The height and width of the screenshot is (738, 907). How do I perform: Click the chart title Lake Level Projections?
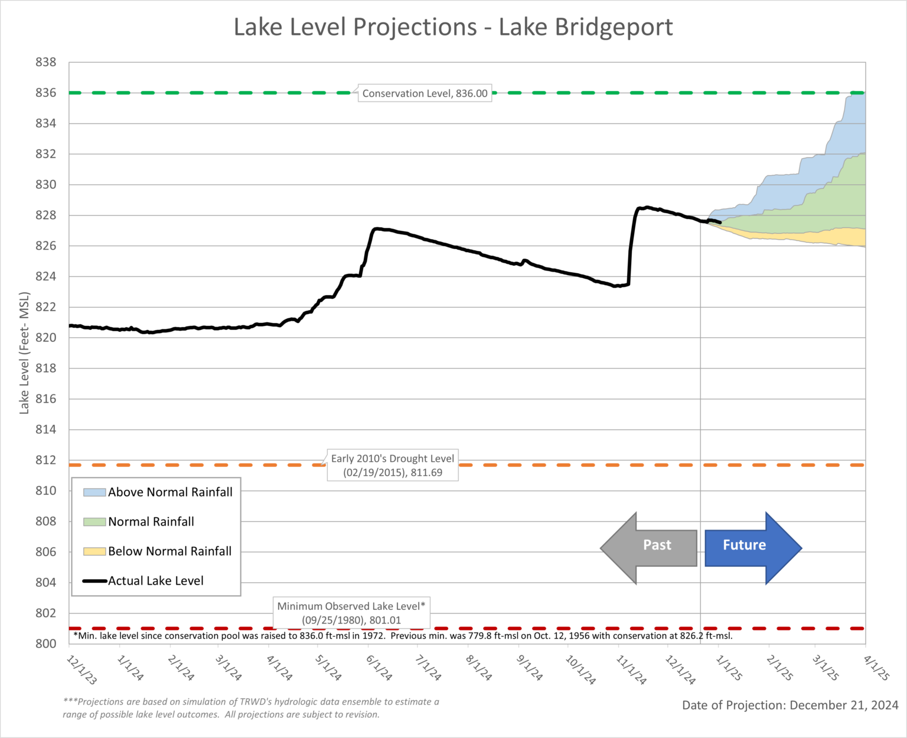453,27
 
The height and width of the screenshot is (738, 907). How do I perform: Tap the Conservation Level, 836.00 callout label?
425,93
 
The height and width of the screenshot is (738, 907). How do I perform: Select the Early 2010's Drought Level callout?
393,465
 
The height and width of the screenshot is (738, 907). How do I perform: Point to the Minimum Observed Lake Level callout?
351,613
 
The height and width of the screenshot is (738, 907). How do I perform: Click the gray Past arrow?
650,547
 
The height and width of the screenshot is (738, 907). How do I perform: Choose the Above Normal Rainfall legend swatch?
94,492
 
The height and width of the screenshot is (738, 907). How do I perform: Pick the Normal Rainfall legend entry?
151,522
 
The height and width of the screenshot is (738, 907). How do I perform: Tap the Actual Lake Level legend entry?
155,581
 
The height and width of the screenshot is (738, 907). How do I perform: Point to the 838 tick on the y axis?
45,62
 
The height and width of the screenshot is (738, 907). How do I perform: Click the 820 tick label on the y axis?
45,338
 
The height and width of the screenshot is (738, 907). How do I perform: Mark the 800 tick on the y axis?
45,644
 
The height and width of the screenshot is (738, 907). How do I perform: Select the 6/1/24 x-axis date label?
379,668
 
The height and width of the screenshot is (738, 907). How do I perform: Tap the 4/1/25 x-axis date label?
876,668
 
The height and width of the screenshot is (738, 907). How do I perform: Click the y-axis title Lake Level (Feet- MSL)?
24,352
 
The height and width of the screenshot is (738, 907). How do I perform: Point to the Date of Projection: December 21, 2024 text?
790,706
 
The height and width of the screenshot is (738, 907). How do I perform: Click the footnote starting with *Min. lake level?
403,636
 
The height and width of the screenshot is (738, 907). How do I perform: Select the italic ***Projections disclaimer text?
251,708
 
